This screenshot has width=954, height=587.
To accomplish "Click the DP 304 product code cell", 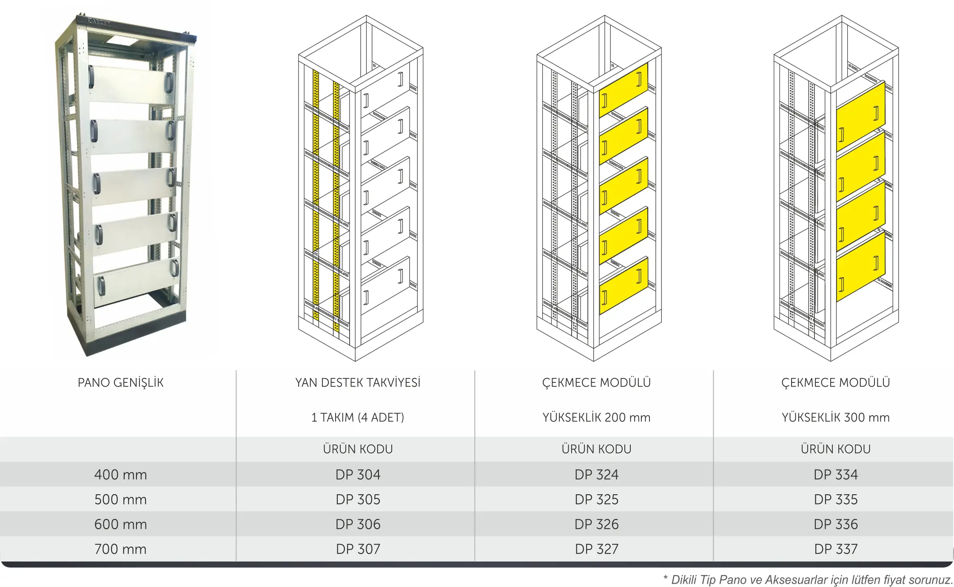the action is point(358,474).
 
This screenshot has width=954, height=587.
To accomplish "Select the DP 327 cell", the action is point(596,549).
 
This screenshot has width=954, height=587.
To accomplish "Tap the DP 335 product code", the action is point(835,499).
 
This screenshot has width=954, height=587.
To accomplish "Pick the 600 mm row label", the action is point(120,524).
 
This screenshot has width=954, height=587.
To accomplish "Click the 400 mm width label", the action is point(120,474).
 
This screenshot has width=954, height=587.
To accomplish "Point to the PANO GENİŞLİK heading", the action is point(120,382).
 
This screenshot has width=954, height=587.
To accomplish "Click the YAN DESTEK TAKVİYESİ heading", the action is point(358,382).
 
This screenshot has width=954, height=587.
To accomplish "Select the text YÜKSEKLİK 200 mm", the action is point(596,417).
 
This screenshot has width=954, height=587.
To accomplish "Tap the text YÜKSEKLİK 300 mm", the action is point(835,417).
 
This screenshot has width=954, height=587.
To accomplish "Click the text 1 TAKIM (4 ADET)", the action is point(358,417).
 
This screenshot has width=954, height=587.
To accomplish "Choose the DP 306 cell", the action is point(358,524).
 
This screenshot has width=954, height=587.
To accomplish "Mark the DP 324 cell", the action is point(596,474).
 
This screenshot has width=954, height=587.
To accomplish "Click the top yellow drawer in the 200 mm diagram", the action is point(624,91).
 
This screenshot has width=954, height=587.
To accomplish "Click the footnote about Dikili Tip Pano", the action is point(808,579).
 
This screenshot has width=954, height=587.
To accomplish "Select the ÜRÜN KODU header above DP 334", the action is point(835,449).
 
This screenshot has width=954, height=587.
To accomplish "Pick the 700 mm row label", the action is point(120,549).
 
